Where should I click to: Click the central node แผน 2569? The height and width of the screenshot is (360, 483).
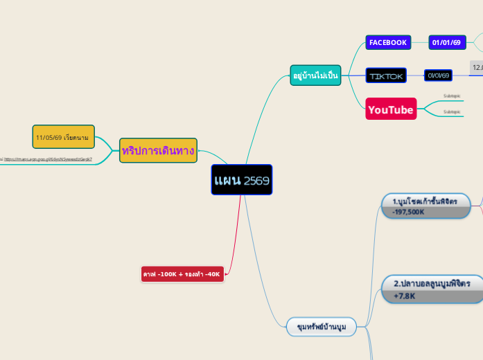point(241,180)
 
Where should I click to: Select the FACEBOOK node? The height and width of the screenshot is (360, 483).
point(388,42)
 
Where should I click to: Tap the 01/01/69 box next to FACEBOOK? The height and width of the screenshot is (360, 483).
point(447,42)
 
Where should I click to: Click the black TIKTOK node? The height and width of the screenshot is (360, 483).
point(387,75)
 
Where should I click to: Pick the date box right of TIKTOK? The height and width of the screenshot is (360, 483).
point(438,75)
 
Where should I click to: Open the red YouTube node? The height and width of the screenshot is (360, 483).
point(391,109)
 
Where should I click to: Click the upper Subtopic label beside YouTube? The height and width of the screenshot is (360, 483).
point(452,96)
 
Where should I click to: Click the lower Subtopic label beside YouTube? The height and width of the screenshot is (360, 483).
point(452,111)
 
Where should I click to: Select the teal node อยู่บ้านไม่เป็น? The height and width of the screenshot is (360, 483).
point(315,75)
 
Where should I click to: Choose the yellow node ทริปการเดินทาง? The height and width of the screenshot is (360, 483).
point(158,150)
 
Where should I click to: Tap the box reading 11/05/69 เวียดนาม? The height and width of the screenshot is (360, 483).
point(63,137)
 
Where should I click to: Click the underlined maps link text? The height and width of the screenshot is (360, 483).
point(49,159)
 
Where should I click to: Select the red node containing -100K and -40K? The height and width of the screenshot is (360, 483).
point(182,274)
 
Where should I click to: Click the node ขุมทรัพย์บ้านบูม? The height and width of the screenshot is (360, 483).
point(322,326)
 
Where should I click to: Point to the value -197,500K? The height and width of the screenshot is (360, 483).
point(409,212)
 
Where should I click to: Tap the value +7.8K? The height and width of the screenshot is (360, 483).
point(405,296)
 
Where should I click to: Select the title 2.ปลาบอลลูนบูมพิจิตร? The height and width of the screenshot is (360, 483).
point(432,284)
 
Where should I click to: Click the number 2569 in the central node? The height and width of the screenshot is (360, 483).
point(256,181)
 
